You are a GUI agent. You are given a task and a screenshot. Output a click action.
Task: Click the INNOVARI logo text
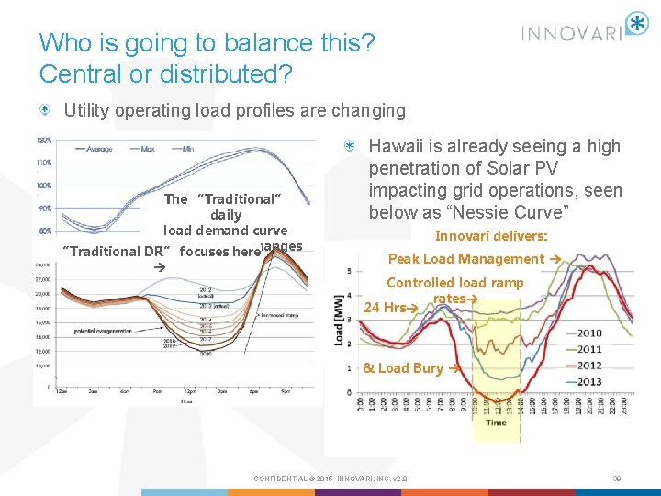click(572, 34)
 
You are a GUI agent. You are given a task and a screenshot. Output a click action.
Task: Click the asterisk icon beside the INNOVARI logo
click(636, 24)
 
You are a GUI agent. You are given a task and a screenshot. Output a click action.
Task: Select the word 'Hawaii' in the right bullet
click(397, 146)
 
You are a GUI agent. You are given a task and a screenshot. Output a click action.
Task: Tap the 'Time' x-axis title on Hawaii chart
click(496, 422)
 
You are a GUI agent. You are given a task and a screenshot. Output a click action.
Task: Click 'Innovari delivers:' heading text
click(491, 235)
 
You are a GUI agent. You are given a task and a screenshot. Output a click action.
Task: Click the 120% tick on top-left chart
click(44, 141)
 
